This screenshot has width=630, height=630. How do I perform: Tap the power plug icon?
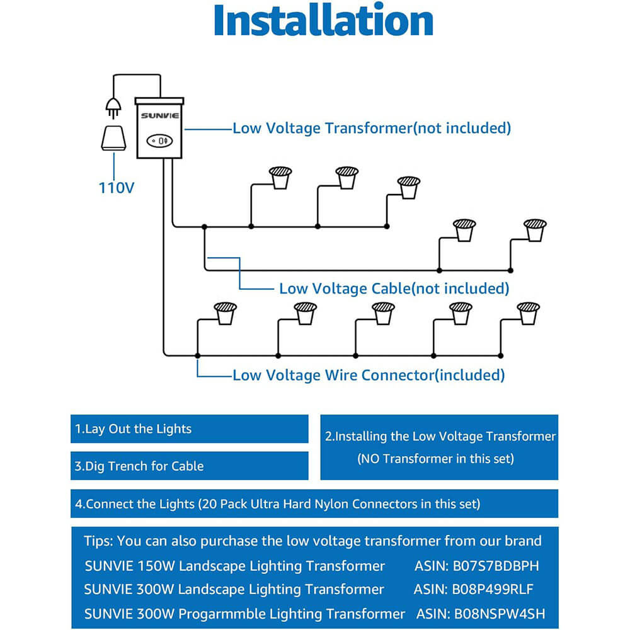click(113, 106)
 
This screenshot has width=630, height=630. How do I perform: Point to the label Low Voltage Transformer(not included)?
click(372, 128)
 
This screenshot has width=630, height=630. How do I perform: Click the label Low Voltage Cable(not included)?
click(394, 289)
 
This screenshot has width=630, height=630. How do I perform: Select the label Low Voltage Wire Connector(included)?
click(369, 375)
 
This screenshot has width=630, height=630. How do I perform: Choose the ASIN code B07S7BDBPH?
click(477, 566)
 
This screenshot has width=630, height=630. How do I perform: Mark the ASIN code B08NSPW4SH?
click(481, 614)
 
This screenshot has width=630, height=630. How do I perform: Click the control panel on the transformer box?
click(159, 140)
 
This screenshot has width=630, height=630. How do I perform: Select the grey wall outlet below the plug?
click(115, 138)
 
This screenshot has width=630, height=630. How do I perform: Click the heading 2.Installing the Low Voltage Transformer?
click(440, 436)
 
